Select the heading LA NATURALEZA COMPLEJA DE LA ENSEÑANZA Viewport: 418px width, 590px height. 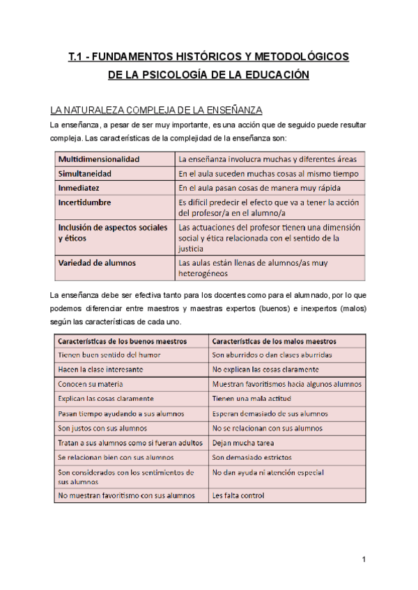click(x=156, y=111)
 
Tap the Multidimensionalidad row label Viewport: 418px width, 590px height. click(x=99, y=159)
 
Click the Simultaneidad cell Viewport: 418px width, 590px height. click(x=86, y=173)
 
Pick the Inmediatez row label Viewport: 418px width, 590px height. click(x=79, y=188)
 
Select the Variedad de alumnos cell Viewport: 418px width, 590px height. click(x=98, y=263)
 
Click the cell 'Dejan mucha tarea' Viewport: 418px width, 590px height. click(x=243, y=442)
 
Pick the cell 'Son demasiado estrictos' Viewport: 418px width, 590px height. click(x=252, y=458)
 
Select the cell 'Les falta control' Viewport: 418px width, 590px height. click(x=238, y=496)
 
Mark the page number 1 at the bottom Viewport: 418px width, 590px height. click(x=364, y=560)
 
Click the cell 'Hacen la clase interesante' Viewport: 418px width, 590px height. click(x=101, y=369)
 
